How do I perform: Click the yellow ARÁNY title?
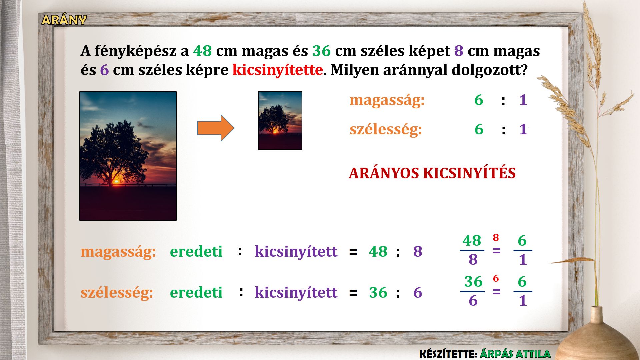pyautogui.click(x=64, y=20)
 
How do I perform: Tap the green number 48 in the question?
pyautogui.click(x=202, y=51)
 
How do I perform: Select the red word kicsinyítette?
pyautogui.click(x=277, y=70)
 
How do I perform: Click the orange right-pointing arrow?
pyautogui.click(x=216, y=128)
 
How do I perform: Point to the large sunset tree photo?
pyautogui.click(x=128, y=156)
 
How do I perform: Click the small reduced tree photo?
pyautogui.click(x=280, y=121)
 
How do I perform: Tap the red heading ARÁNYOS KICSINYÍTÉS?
pyautogui.click(x=432, y=173)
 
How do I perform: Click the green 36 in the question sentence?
pyautogui.click(x=321, y=51)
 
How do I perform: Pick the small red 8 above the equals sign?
pyautogui.click(x=496, y=238)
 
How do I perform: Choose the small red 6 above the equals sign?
pyautogui.click(x=496, y=278)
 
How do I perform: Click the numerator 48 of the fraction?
pyautogui.click(x=472, y=241)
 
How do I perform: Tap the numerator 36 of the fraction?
pyautogui.click(x=473, y=282)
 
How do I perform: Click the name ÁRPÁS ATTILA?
pyautogui.click(x=515, y=354)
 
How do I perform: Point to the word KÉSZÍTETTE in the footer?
pyautogui.click(x=448, y=354)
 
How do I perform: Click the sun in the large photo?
pyautogui.click(x=116, y=181)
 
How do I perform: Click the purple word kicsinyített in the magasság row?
pyautogui.click(x=296, y=252)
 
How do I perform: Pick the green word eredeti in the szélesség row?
pyautogui.click(x=196, y=293)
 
